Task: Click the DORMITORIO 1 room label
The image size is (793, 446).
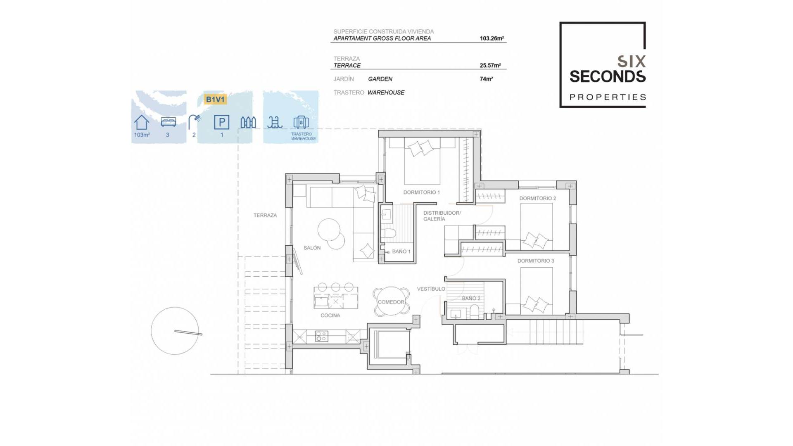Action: (421, 192)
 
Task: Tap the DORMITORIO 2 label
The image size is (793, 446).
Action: (537, 199)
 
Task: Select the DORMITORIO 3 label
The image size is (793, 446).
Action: (536, 261)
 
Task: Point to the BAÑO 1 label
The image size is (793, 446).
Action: (401, 251)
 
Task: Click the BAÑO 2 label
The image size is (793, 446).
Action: (471, 299)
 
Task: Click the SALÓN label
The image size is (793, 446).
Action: (312, 248)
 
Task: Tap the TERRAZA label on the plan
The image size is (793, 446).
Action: (265, 216)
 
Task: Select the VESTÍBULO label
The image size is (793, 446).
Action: (431, 289)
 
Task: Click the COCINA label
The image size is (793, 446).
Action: (330, 316)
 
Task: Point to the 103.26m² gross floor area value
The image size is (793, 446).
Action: (491, 38)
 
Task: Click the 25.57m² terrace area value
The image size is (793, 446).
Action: (490, 66)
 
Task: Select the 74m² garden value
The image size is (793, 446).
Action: (486, 79)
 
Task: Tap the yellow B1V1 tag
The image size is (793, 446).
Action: (215, 100)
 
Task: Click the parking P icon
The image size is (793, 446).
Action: (221, 122)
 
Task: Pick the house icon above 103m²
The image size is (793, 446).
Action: (142, 122)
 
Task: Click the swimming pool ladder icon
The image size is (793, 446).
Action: (275, 122)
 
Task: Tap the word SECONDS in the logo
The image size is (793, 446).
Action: (607, 77)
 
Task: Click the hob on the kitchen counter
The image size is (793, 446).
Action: (321, 336)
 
